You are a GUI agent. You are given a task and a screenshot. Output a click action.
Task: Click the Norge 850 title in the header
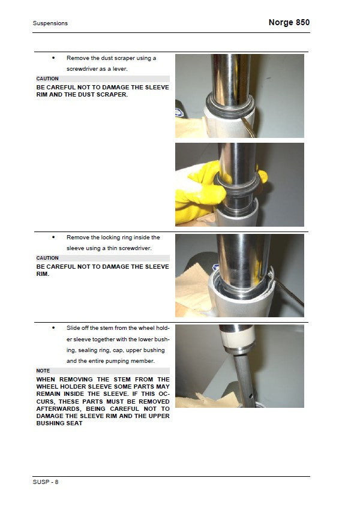pos(289,22)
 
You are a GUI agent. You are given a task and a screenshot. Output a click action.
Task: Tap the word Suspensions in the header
pos(50,23)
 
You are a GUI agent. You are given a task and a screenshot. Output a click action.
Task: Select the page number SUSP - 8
pos(46,482)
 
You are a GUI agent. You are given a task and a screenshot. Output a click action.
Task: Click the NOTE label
pos(43,371)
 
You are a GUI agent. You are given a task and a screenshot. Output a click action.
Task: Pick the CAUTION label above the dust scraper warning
pos(47,79)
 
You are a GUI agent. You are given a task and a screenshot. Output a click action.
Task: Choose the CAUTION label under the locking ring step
pos(47,258)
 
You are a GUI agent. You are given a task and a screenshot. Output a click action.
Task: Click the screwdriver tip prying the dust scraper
pos(243,119)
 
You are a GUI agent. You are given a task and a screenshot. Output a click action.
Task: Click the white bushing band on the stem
pos(237,339)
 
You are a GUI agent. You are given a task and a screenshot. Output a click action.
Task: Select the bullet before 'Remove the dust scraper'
pos(53,58)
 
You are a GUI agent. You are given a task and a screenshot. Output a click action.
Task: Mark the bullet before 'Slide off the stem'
pos(53,328)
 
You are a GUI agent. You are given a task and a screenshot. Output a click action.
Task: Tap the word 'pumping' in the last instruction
pos(116,361)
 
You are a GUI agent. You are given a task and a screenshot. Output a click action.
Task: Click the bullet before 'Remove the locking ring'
pos(53,238)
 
